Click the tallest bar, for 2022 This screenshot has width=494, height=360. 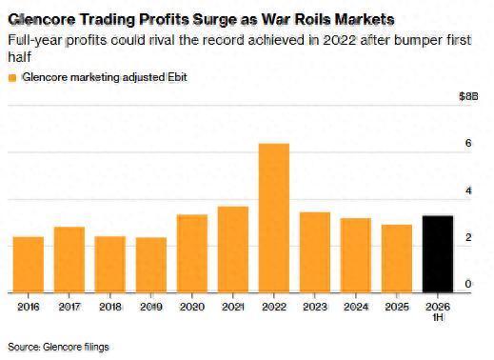tap(274, 218)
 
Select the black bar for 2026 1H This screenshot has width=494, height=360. tap(438, 254)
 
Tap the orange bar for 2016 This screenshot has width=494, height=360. tap(29, 265)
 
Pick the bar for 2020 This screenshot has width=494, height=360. tap(192, 253)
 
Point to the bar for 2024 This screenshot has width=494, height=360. tap(356, 255)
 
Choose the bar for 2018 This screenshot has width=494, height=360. tap(110, 264)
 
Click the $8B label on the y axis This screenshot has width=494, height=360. tap(468, 96)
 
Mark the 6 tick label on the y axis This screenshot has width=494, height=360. tap(468, 143)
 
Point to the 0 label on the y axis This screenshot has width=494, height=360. tap(468, 284)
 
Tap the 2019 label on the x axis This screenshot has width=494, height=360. tap(151, 307)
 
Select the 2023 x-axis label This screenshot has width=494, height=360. tap(315, 307)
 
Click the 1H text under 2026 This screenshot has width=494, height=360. tap(438, 317)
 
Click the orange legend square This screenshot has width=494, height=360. tap(12, 78)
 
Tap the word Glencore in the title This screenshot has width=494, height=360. tap(42, 20)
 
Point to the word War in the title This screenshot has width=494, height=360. tap(274, 20)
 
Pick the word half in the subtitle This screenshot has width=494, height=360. tap(19, 57)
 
